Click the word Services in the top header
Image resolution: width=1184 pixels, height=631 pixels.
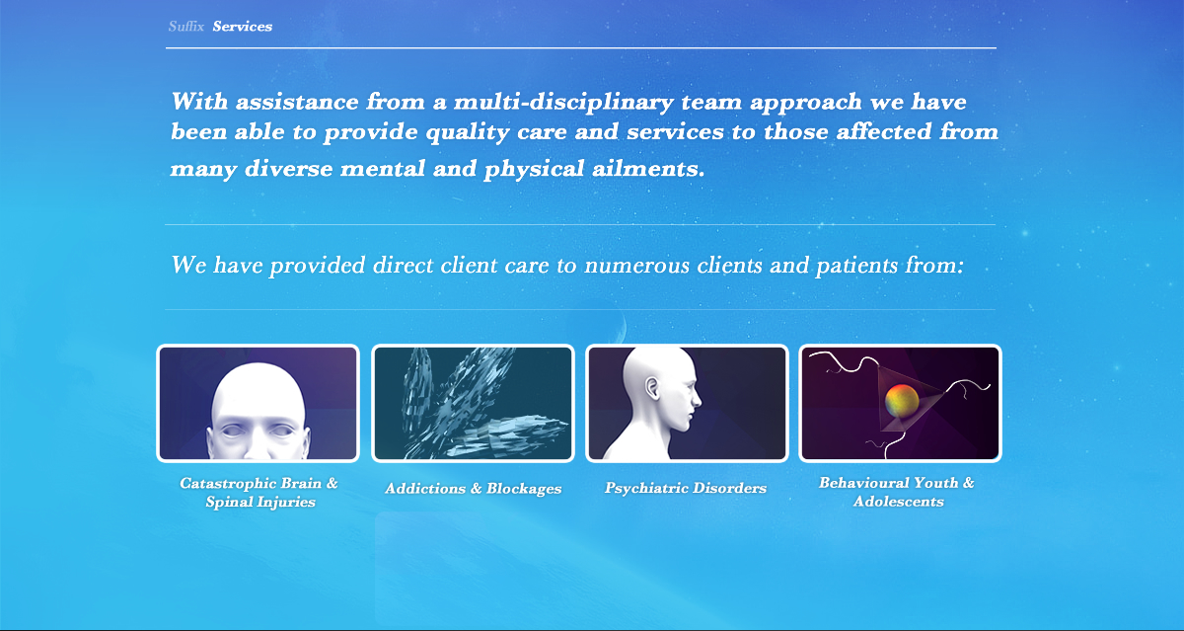[242, 27]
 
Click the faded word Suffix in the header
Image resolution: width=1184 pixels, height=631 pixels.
[186, 27]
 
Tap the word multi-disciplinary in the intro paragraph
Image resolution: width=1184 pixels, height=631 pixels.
[563, 102]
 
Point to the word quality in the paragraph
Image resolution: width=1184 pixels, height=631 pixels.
[468, 132]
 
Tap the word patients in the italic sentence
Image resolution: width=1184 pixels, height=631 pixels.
[856, 265]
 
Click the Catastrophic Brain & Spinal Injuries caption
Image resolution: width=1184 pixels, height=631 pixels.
[259, 492]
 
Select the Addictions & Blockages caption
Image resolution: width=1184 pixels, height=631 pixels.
[473, 488]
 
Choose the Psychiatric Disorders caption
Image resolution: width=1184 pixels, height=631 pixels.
[686, 488]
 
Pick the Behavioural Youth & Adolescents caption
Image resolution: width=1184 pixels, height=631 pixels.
[897, 492]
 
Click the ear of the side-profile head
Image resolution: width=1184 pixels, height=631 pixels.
[653, 388]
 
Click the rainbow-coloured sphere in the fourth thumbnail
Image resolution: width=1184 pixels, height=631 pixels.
[902, 401]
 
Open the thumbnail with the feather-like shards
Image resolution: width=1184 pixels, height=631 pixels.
[473, 403]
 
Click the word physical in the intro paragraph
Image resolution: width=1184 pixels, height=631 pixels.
[534, 170]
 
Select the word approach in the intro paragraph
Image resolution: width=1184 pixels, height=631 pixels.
[806, 103]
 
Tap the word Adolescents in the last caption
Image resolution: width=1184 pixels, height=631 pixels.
[899, 502]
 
